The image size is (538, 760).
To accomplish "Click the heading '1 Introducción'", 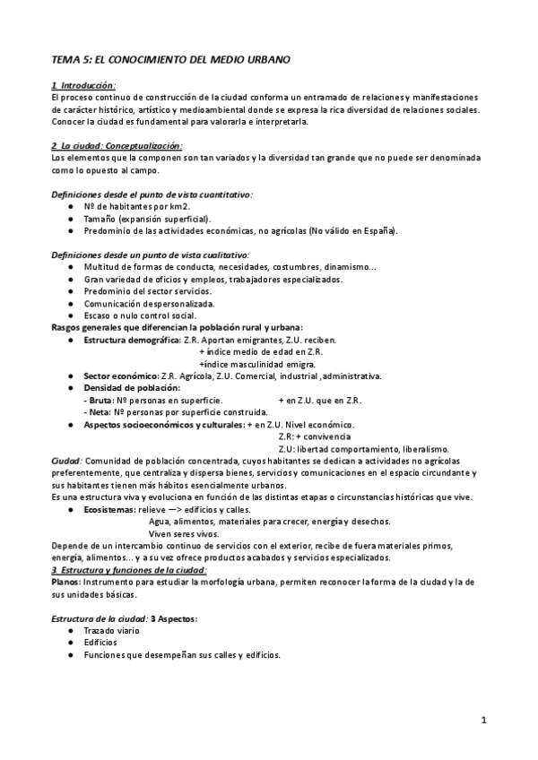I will (x=84, y=85).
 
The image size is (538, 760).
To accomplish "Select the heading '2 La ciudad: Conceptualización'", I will (x=117, y=145).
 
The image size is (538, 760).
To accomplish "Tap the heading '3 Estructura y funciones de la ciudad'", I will (x=130, y=570).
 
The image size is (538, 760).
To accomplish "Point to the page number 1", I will (x=482, y=720).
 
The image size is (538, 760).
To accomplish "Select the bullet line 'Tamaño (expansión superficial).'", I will (x=146, y=218).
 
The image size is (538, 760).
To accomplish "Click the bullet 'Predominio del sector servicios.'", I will (x=148, y=291).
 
